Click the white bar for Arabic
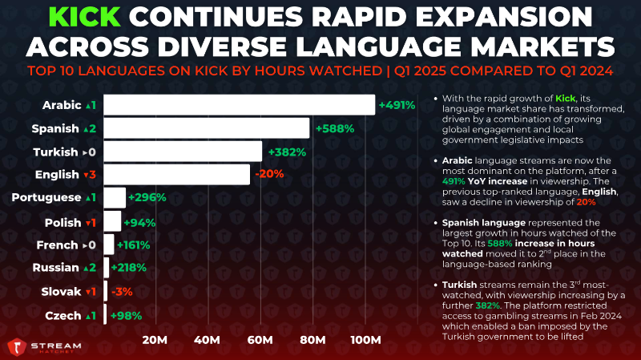pos(239,105)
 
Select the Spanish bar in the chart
pos(207,128)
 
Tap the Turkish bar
pos(183,152)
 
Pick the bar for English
pos(176,175)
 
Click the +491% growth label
pos(397,105)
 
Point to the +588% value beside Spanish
pos(335,128)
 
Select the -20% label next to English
pos(269,174)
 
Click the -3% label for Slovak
pos(122,292)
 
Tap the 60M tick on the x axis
pos(260,340)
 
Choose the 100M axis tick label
pos(366,340)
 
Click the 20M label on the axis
pos(155,340)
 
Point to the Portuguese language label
pos(46,197)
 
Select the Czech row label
pos(63,316)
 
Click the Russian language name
pos(55,268)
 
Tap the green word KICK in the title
pos(85,17)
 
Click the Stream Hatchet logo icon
pos(17,347)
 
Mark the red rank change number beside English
pos(92,175)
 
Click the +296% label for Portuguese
pos(147,197)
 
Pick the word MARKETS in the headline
pos(542,47)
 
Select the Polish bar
pos(112,221)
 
